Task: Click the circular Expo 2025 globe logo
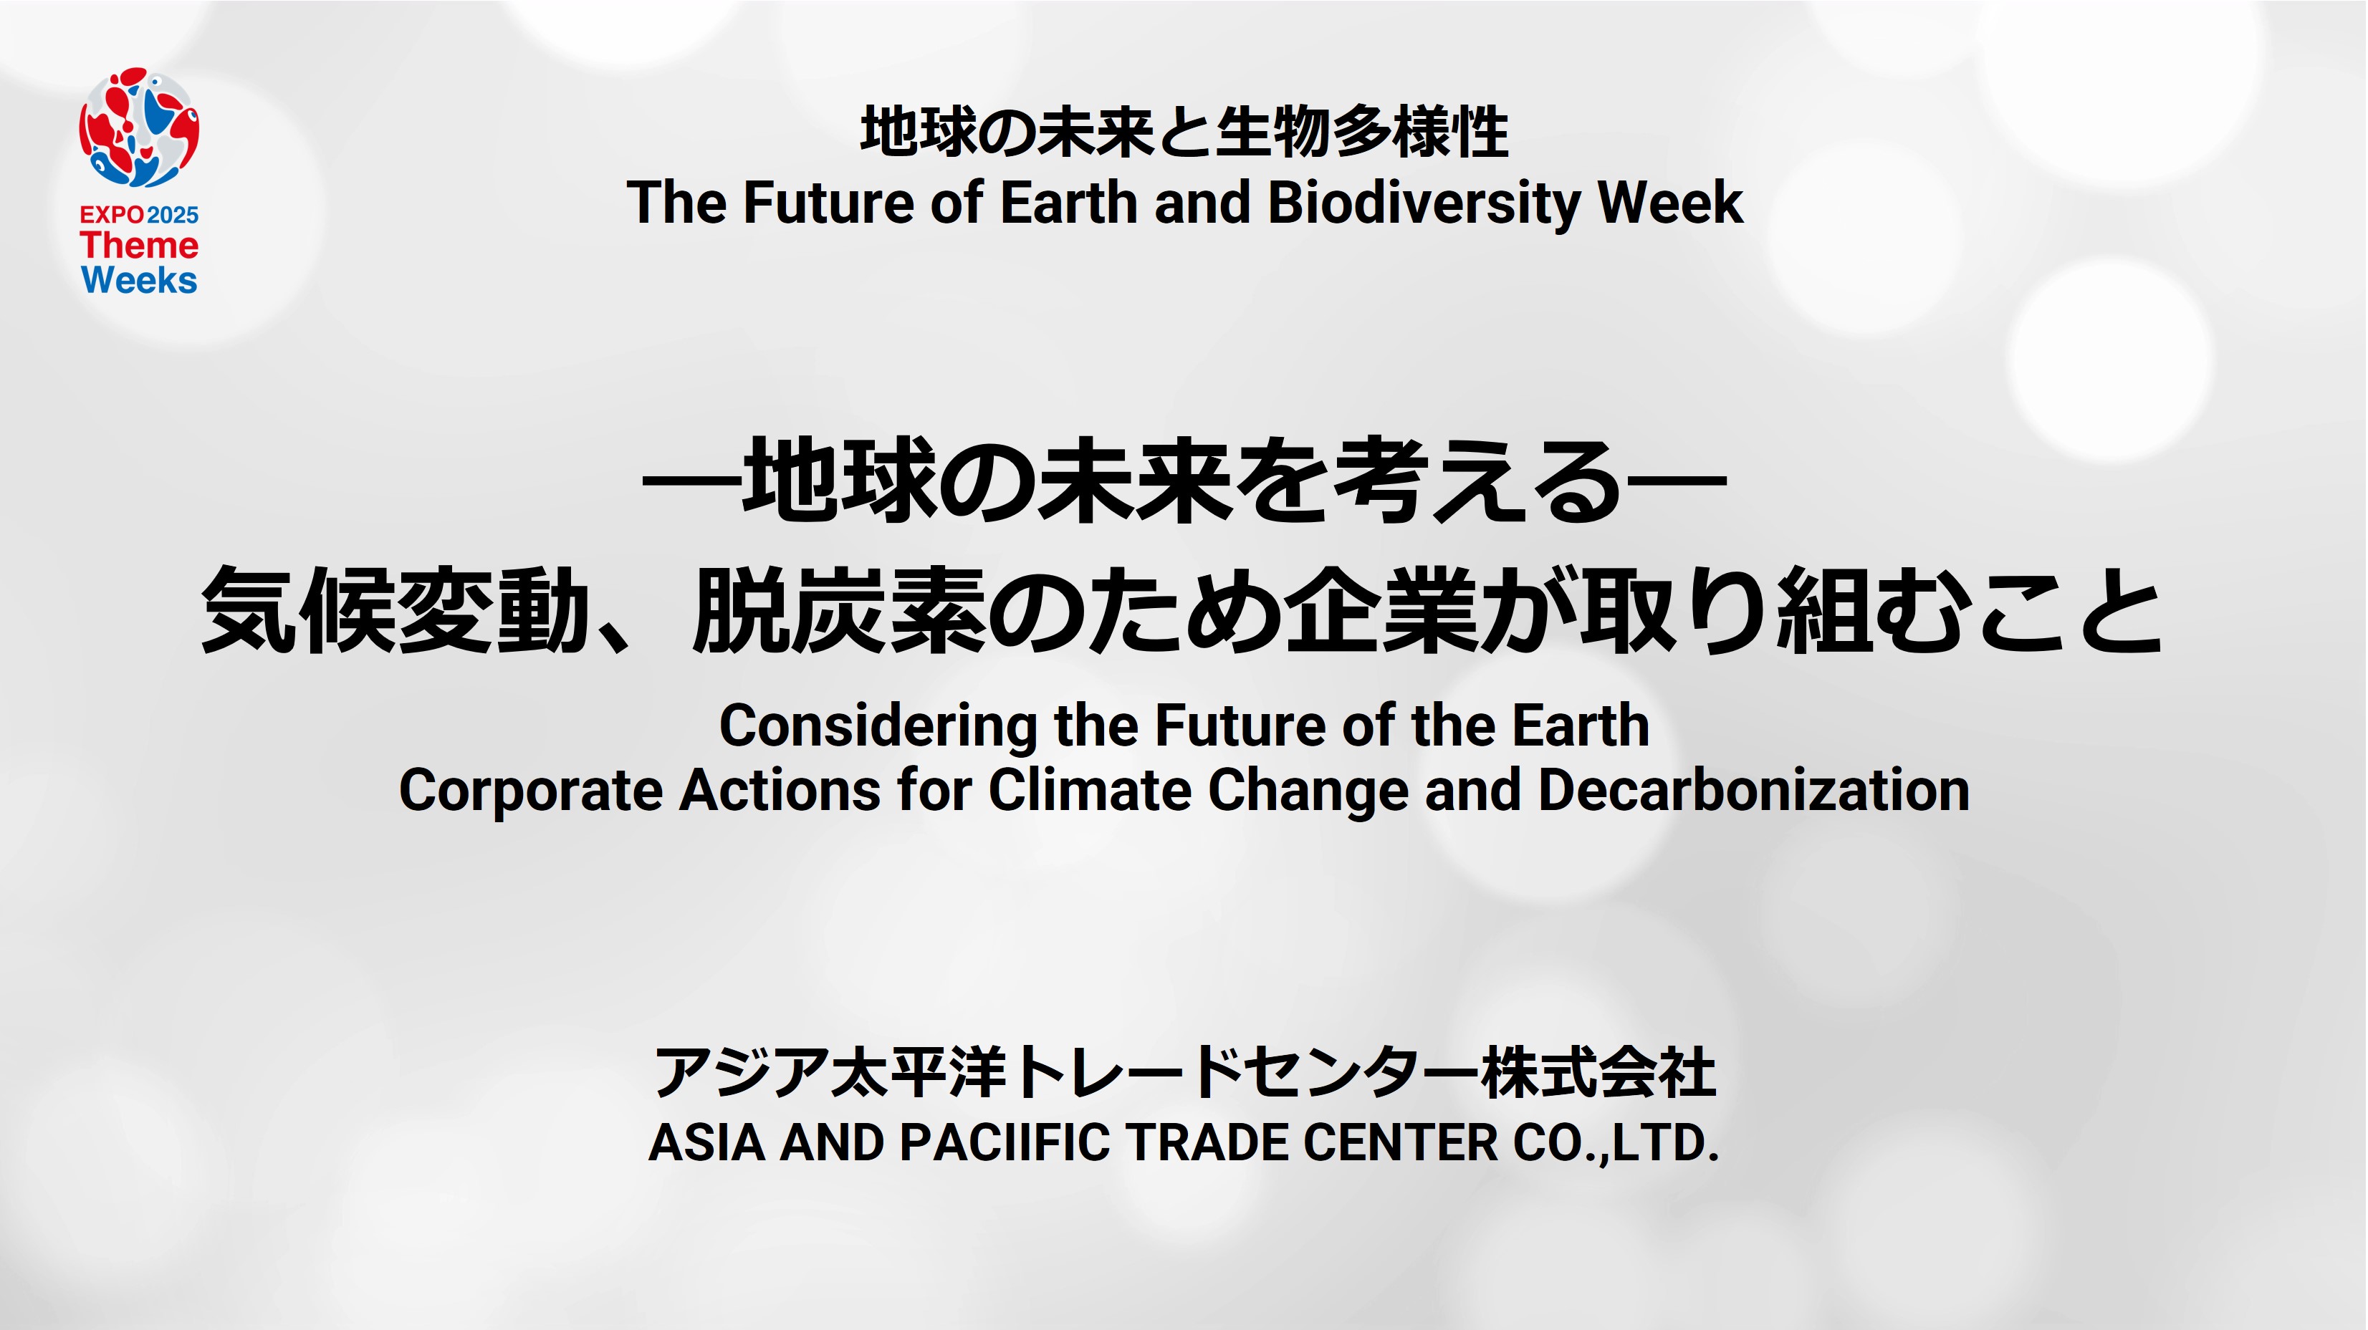click(139, 127)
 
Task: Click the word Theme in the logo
click(139, 246)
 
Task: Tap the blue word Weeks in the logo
click(139, 280)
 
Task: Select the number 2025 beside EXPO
click(173, 215)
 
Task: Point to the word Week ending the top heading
click(1670, 203)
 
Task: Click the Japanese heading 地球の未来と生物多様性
click(1184, 132)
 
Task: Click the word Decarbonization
click(1754, 791)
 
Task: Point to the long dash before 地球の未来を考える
click(691, 481)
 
